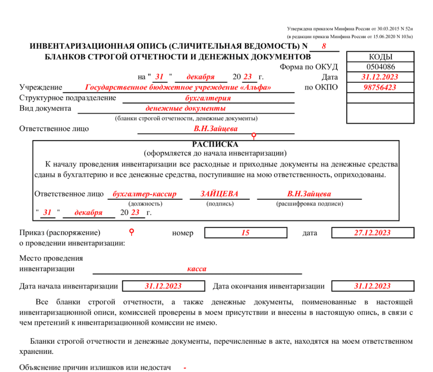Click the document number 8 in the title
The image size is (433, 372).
[x=324, y=46]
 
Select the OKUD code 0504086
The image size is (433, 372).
[x=380, y=66]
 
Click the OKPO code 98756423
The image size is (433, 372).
[x=380, y=87]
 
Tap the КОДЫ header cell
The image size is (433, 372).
[x=380, y=57]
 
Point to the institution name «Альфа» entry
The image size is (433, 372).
[x=178, y=87]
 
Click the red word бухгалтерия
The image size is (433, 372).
[x=208, y=98]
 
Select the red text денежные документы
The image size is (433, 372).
[x=185, y=108]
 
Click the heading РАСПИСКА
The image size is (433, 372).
[x=215, y=144]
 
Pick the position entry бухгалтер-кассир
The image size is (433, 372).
[x=145, y=194]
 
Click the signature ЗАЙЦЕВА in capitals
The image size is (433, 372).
[x=220, y=194]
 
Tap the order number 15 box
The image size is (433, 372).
[x=245, y=233]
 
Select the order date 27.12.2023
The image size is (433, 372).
[x=372, y=233]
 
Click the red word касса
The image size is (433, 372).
[x=197, y=269]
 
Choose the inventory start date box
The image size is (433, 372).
[x=163, y=286]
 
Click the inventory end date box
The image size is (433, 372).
[x=372, y=286]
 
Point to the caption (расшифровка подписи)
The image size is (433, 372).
[x=310, y=204]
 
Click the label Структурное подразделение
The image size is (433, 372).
[x=68, y=98]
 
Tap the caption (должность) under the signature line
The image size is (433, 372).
[x=145, y=204]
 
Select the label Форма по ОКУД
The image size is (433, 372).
[x=308, y=66]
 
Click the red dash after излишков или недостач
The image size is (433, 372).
[x=185, y=368]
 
